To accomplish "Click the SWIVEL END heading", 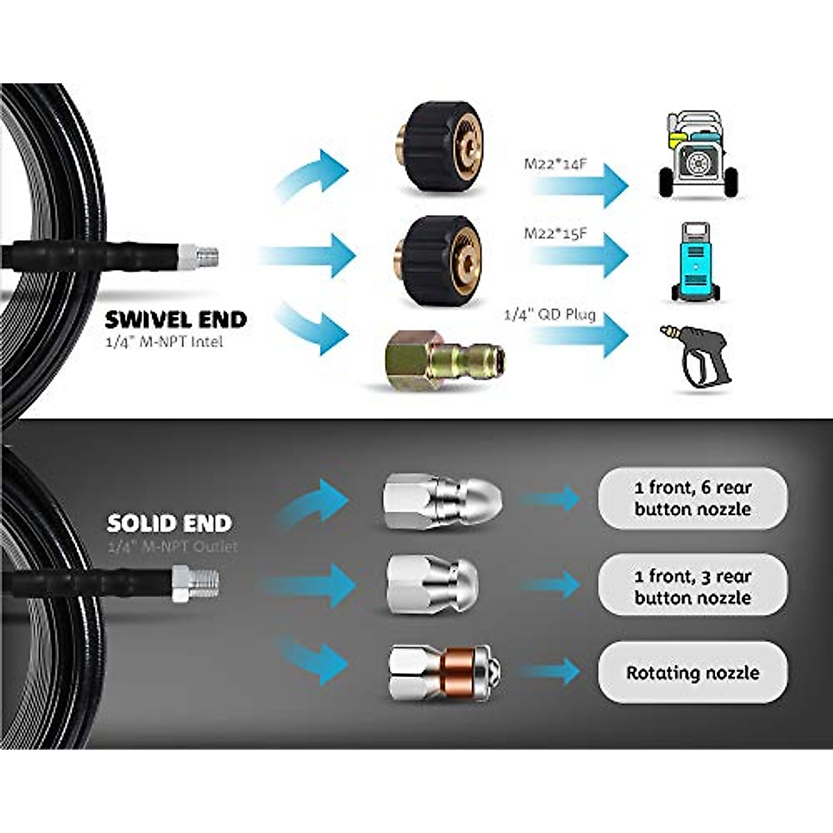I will coord(176,319).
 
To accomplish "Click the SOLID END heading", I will coord(169,523).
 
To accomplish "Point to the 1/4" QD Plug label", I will coord(550,314).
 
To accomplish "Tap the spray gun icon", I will coord(695,355).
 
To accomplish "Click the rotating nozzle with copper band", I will coord(444,671).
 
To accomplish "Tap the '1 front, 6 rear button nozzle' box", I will coord(693,498).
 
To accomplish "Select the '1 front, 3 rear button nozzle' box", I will coord(693,587).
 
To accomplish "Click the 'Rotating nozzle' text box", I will coord(693,673).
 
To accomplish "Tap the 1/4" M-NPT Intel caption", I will coord(165,342).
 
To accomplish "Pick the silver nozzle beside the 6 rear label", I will coord(443,498).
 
